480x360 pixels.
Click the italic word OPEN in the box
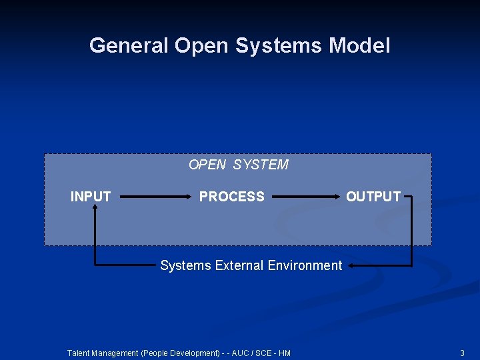[x=207, y=165]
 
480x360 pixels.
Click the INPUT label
[x=91, y=197]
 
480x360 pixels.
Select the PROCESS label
[x=232, y=197]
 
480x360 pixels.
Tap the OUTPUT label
[x=373, y=197]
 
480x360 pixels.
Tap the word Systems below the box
[x=185, y=265]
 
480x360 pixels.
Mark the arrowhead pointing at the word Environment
[x=351, y=265]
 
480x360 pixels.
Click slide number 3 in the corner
[x=462, y=353]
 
